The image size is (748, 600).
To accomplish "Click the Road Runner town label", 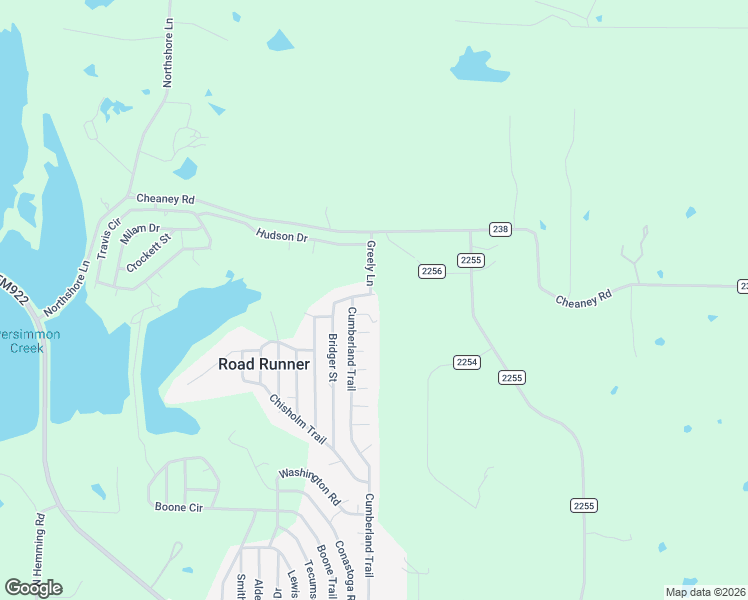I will point(263,364).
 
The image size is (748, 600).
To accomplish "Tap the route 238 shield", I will point(500,229).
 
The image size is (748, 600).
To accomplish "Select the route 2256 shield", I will point(431,271).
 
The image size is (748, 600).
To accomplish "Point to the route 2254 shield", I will point(466,361).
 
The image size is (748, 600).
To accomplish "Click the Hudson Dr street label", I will point(281,236).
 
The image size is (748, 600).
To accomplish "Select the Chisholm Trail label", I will point(298,419).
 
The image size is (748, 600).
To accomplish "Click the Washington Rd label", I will point(310,486).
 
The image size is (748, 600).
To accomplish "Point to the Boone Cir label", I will point(179,507).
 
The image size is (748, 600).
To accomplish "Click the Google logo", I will point(33,588).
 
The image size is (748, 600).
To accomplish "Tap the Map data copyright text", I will point(705,592).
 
